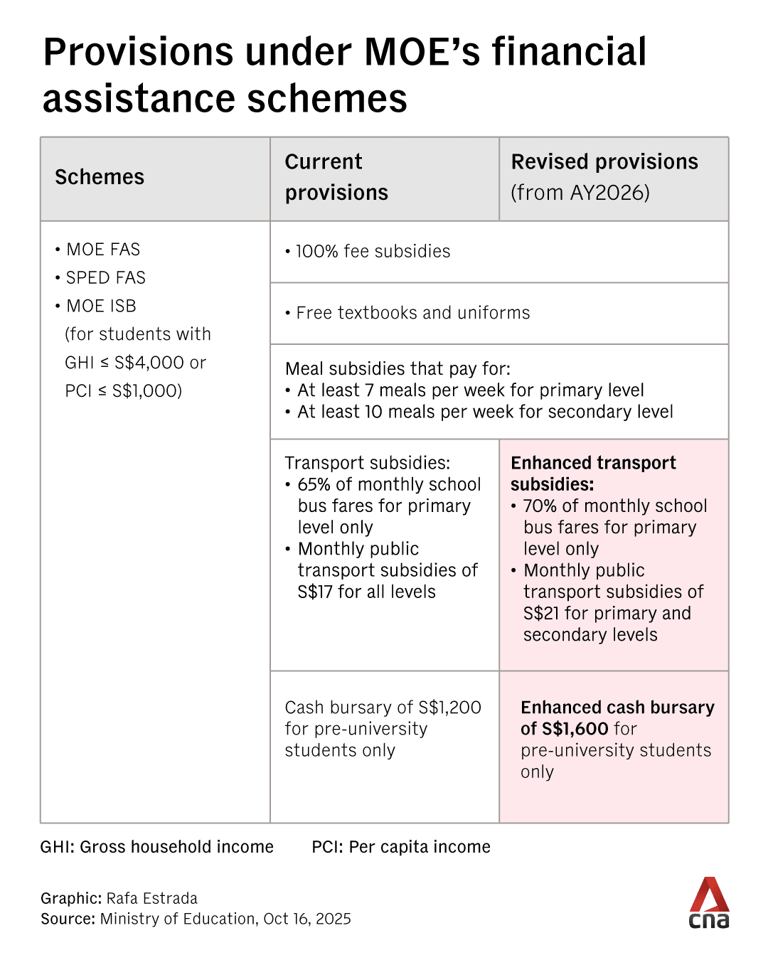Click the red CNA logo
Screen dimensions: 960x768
[709, 903]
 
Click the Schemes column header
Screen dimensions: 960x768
[100, 177]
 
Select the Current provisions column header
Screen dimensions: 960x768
[336, 177]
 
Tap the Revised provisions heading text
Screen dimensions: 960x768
[604, 162]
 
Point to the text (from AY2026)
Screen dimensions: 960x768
[580, 193]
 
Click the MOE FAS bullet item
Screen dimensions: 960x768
[103, 250]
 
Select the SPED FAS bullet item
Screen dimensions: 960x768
[105, 278]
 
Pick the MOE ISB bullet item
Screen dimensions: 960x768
[101, 306]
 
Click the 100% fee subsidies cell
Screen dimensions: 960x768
[373, 252]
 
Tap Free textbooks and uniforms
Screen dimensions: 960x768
[412, 313]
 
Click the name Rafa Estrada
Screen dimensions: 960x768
[152, 898]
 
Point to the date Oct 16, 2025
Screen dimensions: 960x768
[306, 919]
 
